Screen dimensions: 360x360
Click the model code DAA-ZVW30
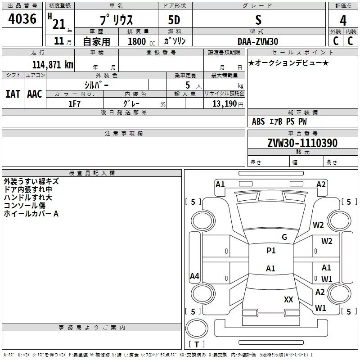click(258, 41)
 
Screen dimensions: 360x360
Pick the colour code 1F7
click(74, 103)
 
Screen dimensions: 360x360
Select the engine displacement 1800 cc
click(138, 41)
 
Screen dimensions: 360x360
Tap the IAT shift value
click(13, 94)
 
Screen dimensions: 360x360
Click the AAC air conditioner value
click(35, 94)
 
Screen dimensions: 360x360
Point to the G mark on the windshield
click(284, 237)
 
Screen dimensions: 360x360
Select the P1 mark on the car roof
click(271, 251)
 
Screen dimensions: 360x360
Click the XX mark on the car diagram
click(288, 299)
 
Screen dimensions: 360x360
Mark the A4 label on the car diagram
click(194, 276)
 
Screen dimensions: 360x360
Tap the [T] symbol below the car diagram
click(197, 344)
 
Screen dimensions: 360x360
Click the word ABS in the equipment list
click(258, 121)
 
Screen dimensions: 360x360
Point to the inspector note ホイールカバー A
click(31, 214)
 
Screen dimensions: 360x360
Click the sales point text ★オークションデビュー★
click(288, 63)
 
